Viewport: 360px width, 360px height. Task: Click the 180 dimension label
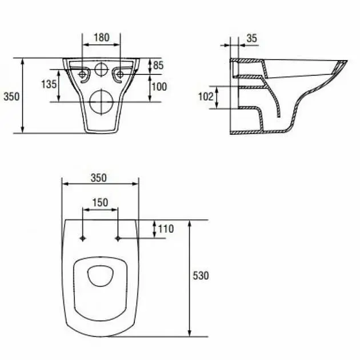pos(102,37)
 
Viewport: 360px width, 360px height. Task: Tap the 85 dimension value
pos(158,66)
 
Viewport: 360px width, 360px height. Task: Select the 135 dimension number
pos(49,84)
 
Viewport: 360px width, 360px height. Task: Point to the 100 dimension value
pos(159,87)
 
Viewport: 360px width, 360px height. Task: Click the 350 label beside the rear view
pos(11,97)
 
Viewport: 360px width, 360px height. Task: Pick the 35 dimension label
pos(252,38)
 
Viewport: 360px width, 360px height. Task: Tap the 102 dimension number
pos(206,97)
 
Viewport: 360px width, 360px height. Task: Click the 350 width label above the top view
pos(99,178)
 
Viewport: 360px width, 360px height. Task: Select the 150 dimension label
pos(100,202)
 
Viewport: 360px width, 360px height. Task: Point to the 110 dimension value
pos(166,229)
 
